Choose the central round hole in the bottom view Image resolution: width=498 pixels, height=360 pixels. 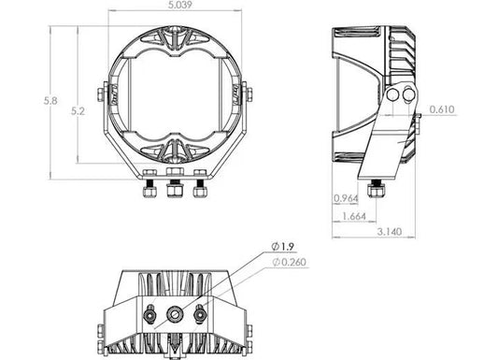coord(174,315)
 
